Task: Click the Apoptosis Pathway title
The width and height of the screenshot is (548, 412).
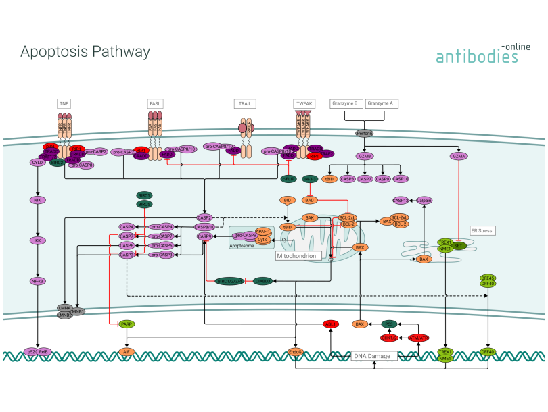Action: [85, 52]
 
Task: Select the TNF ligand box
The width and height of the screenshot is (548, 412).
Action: [64, 103]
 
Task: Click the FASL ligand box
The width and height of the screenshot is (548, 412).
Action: [156, 103]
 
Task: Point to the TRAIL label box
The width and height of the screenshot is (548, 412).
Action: [244, 103]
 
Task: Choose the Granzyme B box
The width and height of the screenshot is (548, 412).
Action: [347, 103]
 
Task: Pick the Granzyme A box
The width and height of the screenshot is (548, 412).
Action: [382, 103]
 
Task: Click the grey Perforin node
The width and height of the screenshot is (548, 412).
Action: [365, 133]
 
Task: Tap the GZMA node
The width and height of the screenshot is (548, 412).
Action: [459, 156]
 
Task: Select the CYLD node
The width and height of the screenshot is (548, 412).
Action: [37, 163]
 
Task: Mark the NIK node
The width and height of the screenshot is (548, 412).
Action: [37, 200]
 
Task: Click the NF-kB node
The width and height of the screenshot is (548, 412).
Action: [37, 281]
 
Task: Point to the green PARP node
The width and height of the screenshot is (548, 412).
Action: [126, 324]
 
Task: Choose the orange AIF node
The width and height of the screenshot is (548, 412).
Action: [126, 352]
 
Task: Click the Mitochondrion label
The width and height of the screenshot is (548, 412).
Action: [296, 257]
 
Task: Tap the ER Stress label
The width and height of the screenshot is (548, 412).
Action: [482, 230]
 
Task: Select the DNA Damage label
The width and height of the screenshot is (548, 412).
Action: [372, 355]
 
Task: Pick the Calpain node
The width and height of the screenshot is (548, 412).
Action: [424, 201]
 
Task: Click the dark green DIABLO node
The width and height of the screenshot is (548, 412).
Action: [263, 281]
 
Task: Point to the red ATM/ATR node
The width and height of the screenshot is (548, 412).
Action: [418, 338]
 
